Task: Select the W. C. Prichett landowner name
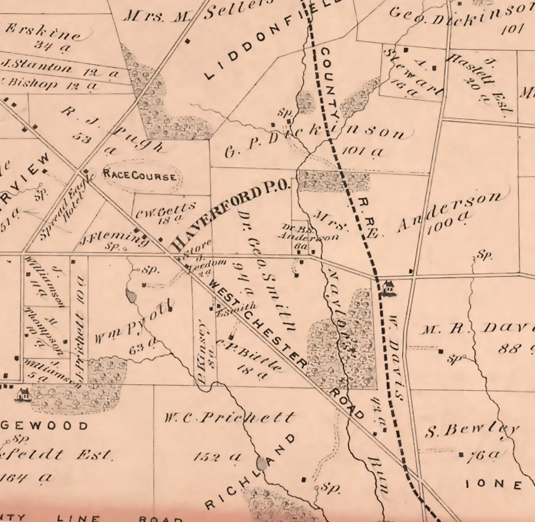click(229, 417)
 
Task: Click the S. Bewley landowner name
click(472, 429)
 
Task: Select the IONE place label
click(494, 484)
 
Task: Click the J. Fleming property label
click(114, 239)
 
